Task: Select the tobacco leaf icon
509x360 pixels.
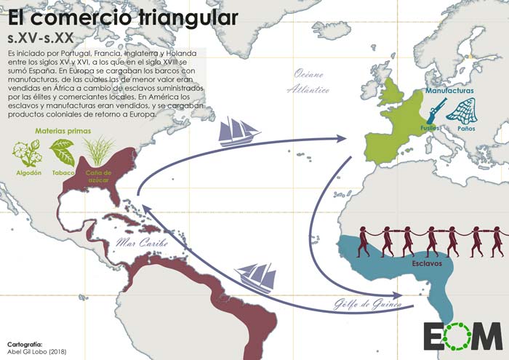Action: (x=62, y=153)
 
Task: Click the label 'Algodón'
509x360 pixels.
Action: (x=25, y=174)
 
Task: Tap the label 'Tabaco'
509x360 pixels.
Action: (x=61, y=174)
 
